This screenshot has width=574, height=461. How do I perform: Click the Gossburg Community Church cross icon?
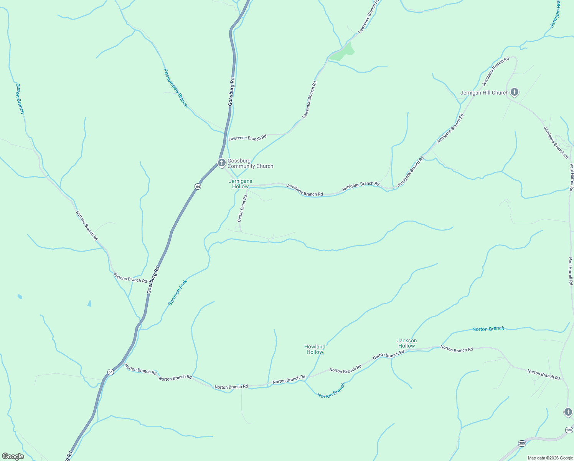pyautogui.click(x=221, y=163)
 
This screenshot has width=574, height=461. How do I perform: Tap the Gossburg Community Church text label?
pyautogui.click(x=250, y=164)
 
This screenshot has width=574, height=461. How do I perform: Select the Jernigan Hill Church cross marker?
pyautogui.click(x=515, y=92)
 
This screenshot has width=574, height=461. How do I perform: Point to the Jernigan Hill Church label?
pyautogui.click(x=484, y=93)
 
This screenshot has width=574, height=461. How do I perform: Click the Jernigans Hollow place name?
pyautogui.click(x=241, y=184)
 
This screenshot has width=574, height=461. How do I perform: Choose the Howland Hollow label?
pyautogui.click(x=315, y=349)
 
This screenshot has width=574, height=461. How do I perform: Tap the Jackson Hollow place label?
pyautogui.click(x=406, y=343)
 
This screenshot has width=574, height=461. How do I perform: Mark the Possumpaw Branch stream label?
pyautogui.click(x=176, y=88)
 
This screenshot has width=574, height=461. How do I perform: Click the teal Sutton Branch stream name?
pyautogui.click(x=20, y=98)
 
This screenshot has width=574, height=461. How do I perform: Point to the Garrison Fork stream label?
pyautogui.click(x=178, y=293)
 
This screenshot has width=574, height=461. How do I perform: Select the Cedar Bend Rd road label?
pyautogui.click(x=242, y=209)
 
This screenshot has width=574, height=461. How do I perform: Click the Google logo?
pyautogui.click(x=13, y=456)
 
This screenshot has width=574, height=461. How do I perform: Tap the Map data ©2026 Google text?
pyautogui.click(x=550, y=458)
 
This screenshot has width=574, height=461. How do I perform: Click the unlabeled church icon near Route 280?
pyautogui.click(x=568, y=412)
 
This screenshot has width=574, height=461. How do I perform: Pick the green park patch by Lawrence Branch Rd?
pyautogui.click(x=343, y=53)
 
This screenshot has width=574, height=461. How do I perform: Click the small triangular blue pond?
pyautogui.click(x=89, y=303)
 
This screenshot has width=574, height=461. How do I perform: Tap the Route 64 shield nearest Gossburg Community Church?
pyautogui.click(x=198, y=186)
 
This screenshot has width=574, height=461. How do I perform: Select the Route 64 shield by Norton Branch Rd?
pyautogui.click(x=111, y=372)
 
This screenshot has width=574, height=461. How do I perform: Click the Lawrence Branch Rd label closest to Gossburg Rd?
pyautogui.click(x=247, y=138)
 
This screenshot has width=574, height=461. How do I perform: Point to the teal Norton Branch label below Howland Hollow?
pyautogui.click(x=331, y=390)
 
